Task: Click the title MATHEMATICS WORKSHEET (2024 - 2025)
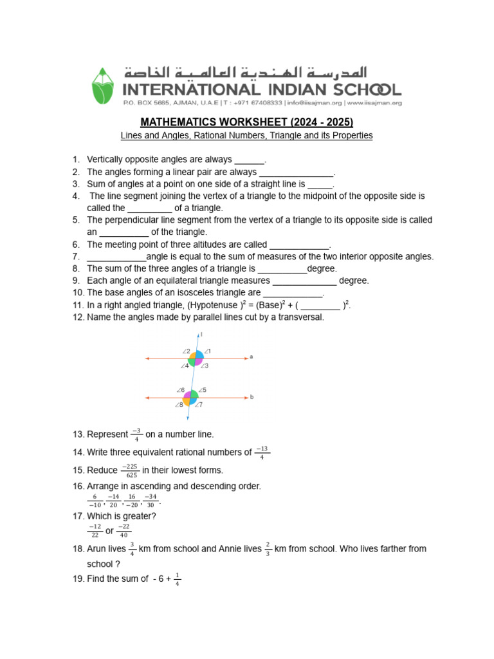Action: pyautogui.click(x=247, y=122)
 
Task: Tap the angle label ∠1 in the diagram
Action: pyautogui.click(x=208, y=351)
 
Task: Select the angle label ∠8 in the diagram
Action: pyautogui.click(x=178, y=405)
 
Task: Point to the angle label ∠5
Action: pyautogui.click(x=202, y=390)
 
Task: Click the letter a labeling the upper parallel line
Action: pyautogui.click(x=251, y=357)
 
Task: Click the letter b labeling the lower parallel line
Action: pyautogui.click(x=252, y=397)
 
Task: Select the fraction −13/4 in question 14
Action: pyautogui.click(x=261, y=452)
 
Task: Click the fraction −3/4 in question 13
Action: pyautogui.click(x=136, y=434)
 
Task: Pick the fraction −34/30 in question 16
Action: pyautogui.click(x=150, y=501)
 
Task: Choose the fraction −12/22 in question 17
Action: pyautogui.click(x=95, y=531)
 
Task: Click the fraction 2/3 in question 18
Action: pyautogui.click(x=268, y=549)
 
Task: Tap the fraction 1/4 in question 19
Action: pyautogui.click(x=177, y=579)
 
